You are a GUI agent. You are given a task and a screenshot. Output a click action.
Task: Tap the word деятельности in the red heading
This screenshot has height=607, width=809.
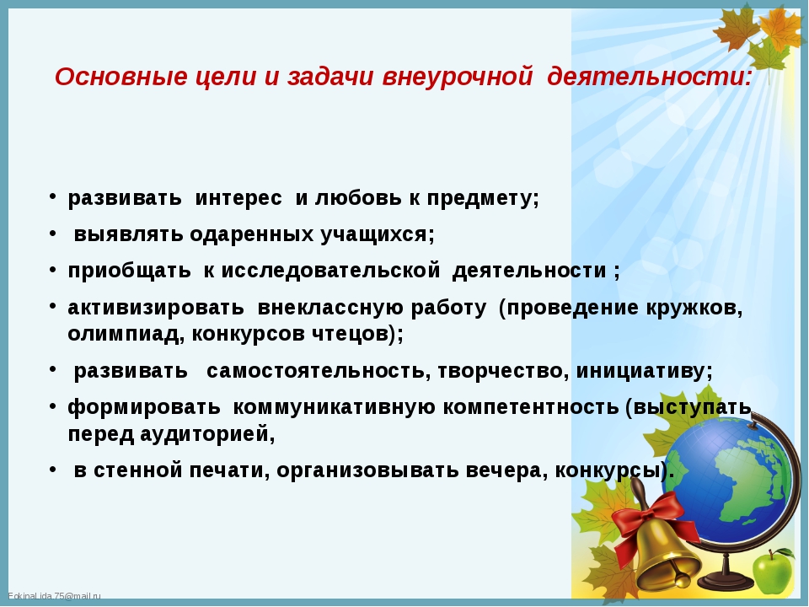(x=650, y=77)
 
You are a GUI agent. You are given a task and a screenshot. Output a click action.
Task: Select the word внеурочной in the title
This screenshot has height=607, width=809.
(x=457, y=78)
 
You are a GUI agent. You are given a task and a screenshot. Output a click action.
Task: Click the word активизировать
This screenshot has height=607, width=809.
(x=156, y=309)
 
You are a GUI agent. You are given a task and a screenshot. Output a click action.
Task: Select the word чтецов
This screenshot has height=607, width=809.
(x=350, y=334)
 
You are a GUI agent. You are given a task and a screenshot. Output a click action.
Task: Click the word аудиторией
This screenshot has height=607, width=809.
(x=207, y=434)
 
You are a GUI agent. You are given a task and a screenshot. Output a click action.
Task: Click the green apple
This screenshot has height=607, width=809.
(x=773, y=572)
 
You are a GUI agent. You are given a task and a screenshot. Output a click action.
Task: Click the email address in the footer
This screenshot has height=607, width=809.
(x=54, y=597)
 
